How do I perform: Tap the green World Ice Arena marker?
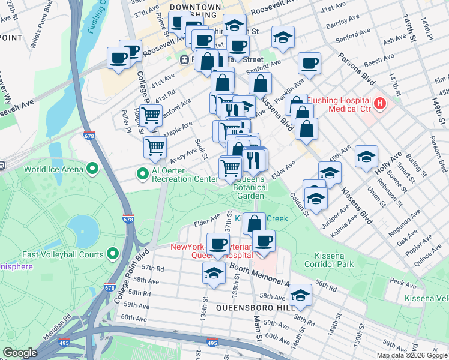92,169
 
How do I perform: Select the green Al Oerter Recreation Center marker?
143,175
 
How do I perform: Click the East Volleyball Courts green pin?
112,255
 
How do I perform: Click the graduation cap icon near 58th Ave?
300,295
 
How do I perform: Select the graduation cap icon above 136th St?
214,272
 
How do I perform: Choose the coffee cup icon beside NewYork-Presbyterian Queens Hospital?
263,241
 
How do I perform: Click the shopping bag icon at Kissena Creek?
255,223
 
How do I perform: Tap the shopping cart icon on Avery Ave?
155,146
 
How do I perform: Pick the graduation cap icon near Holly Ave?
366,156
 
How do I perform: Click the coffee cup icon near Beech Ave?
310,62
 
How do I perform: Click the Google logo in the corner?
20,353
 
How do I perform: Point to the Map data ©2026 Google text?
411,355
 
